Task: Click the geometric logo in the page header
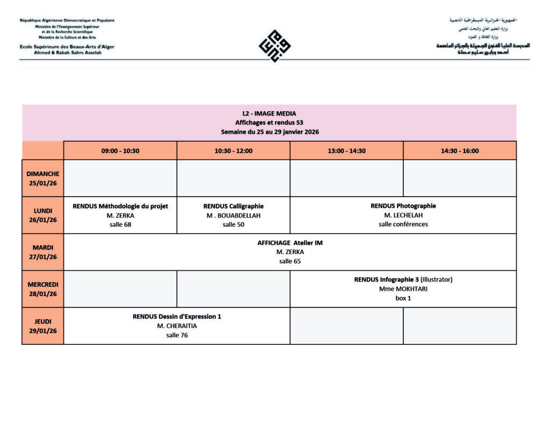click(274, 46)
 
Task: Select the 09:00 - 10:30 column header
click(120, 151)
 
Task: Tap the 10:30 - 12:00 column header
click(234, 151)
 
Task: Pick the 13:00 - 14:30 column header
click(346, 151)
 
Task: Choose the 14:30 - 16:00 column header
click(460, 151)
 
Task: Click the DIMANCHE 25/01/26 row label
click(43, 178)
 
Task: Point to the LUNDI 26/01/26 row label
click(43, 215)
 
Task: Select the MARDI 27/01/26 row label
click(43, 252)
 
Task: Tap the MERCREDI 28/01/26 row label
click(43, 289)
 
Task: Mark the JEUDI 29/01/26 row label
click(43, 326)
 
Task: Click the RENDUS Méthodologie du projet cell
click(120, 215)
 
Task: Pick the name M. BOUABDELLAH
click(234, 215)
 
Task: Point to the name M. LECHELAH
click(403, 215)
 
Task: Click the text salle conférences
click(403, 225)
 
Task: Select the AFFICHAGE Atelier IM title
click(290, 243)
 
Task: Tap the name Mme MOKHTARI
click(403, 289)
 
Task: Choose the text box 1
click(403, 298)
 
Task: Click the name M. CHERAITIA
click(177, 326)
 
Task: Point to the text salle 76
click(177, 335)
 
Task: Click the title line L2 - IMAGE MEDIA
click(269, 113)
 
